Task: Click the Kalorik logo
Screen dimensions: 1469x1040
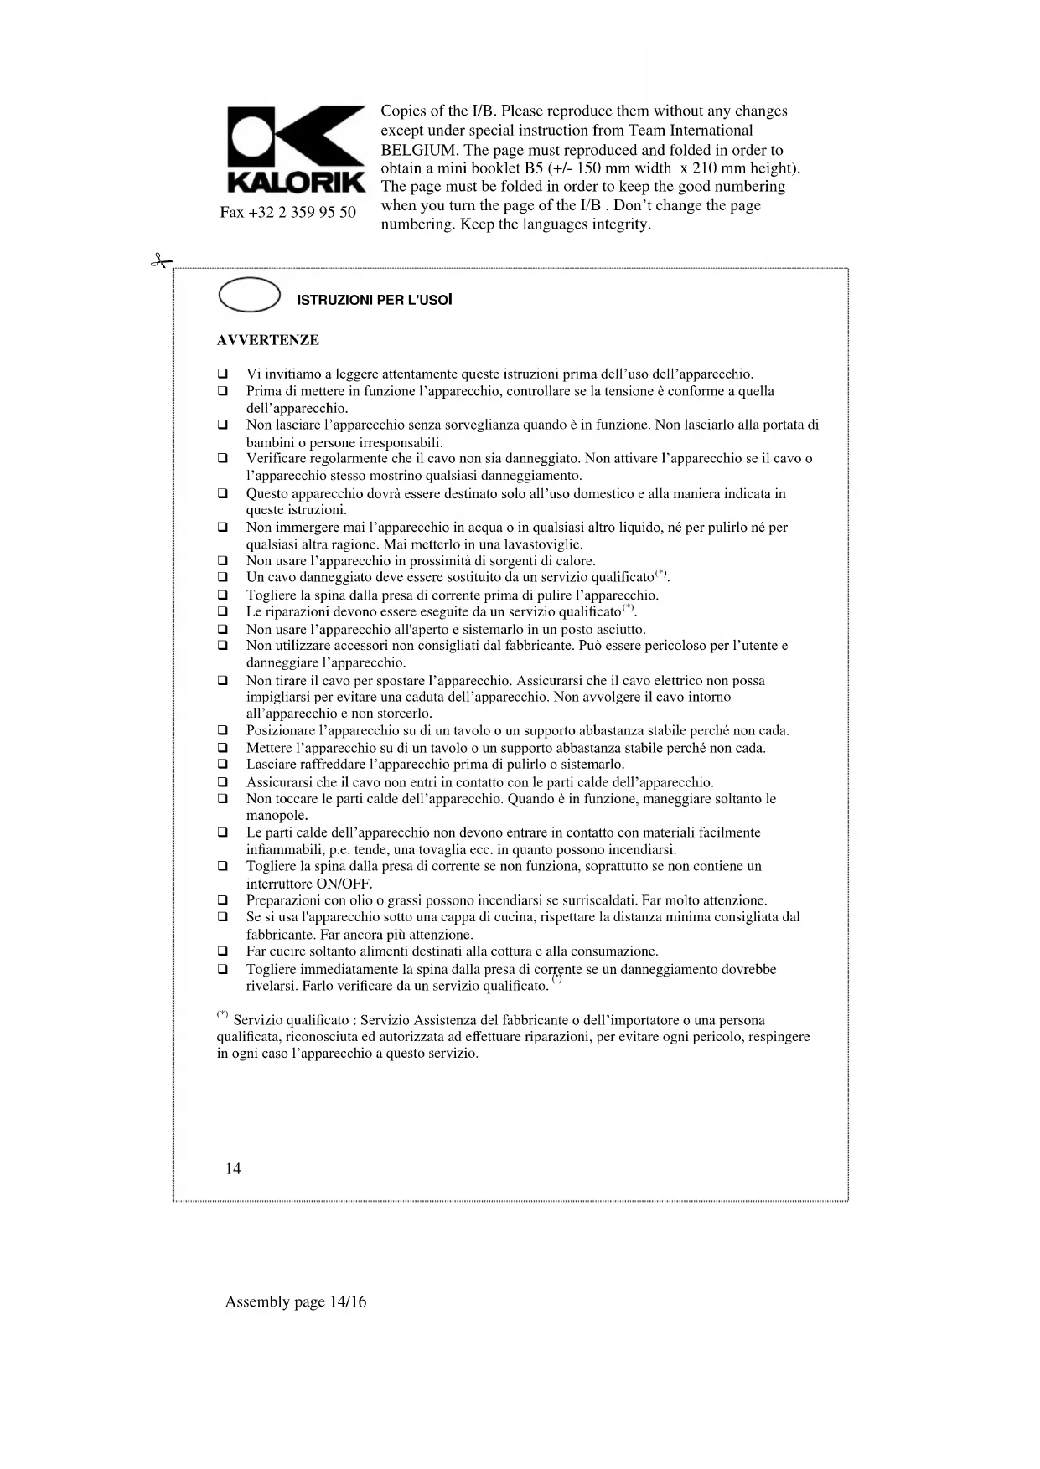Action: point(296,149)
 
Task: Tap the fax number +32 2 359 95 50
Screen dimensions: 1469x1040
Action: point(287,212)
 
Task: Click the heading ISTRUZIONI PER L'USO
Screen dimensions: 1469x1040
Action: point(375,299)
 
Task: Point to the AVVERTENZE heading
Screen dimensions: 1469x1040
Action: point(268,340)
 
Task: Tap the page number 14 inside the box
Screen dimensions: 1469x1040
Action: point(233,1168)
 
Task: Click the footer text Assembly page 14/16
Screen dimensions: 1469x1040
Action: point(296,1301)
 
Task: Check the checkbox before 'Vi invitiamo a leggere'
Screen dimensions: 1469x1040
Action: point(223,374)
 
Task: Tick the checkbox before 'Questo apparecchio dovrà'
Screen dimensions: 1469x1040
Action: point(223,493)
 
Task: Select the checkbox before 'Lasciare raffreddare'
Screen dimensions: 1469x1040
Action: point(223,765)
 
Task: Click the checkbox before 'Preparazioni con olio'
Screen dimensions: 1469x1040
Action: point(223,900)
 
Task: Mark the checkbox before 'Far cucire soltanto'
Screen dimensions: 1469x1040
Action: point(223,951)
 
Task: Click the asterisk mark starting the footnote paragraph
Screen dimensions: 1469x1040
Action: point(223,1015)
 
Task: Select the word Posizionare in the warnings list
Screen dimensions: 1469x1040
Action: point(281,731)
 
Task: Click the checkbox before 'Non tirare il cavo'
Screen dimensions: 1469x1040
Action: point(223,681)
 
